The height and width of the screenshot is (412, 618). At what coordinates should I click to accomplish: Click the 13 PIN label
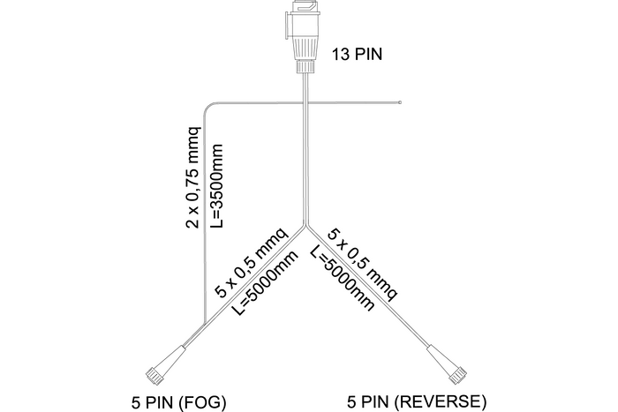[x=358, y=56]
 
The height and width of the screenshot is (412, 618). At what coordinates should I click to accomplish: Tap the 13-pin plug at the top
[x=305, y=35]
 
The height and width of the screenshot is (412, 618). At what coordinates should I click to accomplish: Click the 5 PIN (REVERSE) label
[x=417, y=402]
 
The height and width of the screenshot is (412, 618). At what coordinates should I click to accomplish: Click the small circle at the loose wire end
[x=401, y=102]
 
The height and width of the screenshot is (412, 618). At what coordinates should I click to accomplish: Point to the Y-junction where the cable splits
[x=306, y=226]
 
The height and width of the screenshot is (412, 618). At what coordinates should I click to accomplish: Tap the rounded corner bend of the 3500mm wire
[x=208, y=107]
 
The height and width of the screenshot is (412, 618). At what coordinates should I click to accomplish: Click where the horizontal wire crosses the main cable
[x=306, y=102]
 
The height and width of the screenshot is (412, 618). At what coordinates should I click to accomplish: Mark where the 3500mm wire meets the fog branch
[x=205, y=323]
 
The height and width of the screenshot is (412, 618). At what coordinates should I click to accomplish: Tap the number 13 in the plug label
[x=339, y=56]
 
